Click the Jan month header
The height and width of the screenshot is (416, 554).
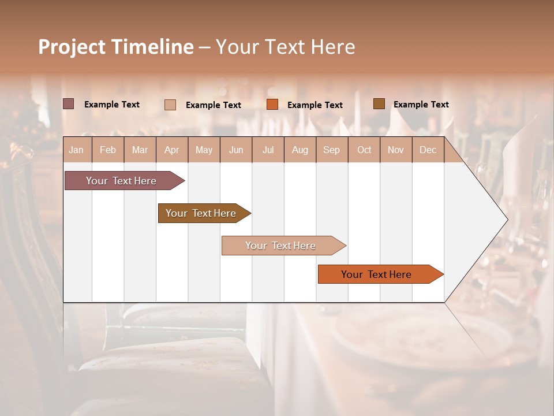click(77, 150)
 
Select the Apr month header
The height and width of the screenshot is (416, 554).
click(172, 150)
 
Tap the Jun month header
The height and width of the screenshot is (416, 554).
click(236, 150)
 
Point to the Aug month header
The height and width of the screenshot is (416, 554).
click(300, 150)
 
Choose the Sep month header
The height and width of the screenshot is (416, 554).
click(332, 150)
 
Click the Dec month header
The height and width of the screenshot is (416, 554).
click(428, 150)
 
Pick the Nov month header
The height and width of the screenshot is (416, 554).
click(396, 150)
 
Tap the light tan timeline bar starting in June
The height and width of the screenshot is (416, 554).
click(281, 246)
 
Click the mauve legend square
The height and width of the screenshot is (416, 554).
click(69, 104)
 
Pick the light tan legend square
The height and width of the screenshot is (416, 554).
click(170, 105)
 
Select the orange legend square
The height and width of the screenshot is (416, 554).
click(272, 105)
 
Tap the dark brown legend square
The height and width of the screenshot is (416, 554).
click(379, 104)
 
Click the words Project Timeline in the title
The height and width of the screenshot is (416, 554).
click(116, 47)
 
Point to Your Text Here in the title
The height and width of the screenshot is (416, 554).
click(285, 47)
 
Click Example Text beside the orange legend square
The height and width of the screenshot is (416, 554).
click(315, 105)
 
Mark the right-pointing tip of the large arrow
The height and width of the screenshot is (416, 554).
click(506, 220)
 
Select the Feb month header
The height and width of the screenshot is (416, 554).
click(108, 150)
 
